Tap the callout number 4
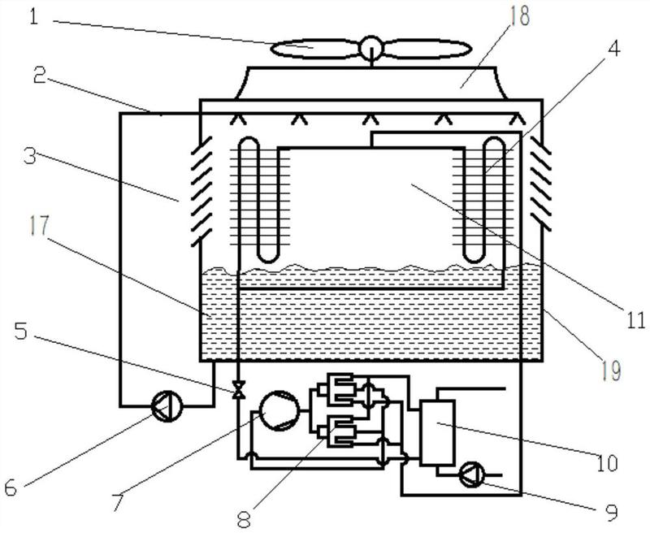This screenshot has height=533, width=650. [x=613, y=49]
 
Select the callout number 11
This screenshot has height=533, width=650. [x=635, y=320]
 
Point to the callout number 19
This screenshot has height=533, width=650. [x=611, y=370]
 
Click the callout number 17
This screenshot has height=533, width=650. [x=39, y=227]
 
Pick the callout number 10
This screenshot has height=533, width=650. [x=607, y=462]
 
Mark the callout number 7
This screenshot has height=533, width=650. [x=117, y=502]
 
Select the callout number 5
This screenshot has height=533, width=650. [x=21, y=331]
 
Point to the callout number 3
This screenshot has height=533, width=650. [x=30, y=157]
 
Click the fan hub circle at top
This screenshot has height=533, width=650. [x=371, y=48]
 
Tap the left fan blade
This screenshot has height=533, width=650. [x=314, y=49]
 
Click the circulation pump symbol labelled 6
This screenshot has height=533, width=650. [x=167, y=406]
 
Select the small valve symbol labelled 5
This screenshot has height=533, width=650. [x=238, y=390]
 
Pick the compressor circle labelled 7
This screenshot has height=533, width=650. [x=279, y=410]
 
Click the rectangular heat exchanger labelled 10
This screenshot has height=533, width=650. [x=437, y=432]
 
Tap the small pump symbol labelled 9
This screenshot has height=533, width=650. [x=472, y=474]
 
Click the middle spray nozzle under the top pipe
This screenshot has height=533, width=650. [x=370, y=119]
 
